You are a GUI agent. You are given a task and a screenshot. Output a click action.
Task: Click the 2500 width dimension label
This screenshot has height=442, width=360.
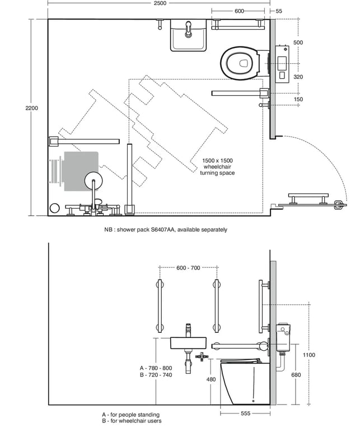[x=160, y=3]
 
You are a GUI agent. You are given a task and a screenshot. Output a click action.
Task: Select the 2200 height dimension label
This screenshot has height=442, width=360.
[x=31, y=108]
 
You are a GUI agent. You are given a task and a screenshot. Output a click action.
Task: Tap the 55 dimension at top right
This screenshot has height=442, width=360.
[x=279, y=11]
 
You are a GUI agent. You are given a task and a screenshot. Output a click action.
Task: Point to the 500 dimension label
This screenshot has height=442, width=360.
[x=298, y=43]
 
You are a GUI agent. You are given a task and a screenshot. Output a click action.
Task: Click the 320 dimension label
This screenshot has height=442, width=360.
[x=298, y=77]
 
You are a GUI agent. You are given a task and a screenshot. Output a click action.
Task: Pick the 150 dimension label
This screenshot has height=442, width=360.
[x=298, y=99]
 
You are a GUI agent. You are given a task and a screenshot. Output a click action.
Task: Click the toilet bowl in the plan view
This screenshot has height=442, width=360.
[x=240, y=63]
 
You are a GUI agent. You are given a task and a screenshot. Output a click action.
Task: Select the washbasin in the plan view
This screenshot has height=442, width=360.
[x=188, y=35]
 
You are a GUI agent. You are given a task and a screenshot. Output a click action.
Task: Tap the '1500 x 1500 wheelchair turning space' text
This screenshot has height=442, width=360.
[x=217, y=167]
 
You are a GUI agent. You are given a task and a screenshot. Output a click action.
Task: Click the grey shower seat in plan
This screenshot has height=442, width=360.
[x=81, y=171]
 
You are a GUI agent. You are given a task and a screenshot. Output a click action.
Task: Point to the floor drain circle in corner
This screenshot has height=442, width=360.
[x=55, y=208]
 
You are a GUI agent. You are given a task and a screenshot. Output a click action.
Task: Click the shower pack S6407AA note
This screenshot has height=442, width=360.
[x=166, y=229]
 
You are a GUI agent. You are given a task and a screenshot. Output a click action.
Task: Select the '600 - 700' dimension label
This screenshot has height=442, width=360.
[x=188, y=268]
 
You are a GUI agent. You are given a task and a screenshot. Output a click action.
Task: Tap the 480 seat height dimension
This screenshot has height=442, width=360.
[x=211, y=379]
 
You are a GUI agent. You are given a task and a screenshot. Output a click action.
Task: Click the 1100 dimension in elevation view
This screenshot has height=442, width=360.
[x=309, y=355]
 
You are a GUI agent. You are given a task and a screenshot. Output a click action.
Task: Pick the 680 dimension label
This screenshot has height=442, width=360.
[x=296, y=375]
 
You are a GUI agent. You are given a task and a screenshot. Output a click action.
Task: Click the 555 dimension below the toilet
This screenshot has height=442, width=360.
[x=245, y=413]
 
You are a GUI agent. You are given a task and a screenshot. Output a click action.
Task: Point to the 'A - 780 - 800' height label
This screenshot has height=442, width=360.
[x=156, y=368]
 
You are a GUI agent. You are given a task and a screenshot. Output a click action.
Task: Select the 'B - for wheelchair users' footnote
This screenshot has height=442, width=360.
[x=132, y=421]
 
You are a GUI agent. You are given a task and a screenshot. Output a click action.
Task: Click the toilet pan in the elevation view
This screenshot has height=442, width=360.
[x=245, y=382]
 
